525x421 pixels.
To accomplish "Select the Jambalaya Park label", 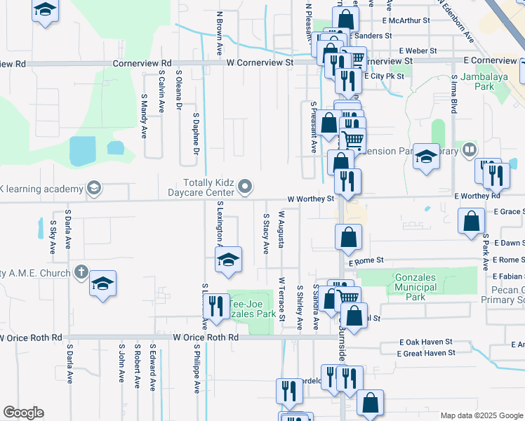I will tap(474, 82).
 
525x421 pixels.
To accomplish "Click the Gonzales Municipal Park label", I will tap(415, 287).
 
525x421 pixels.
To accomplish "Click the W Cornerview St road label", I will tap(260, 62).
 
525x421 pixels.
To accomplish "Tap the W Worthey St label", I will tap(310, 199).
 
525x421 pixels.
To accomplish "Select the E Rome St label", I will tap(366, 260).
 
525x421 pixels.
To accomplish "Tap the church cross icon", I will tap(81, 272).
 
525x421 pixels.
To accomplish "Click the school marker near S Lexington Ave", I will tap(227, 260).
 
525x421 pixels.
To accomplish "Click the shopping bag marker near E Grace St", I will tap(471, 221).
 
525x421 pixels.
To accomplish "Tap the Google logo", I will tap(22, 413).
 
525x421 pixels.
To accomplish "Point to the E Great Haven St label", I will tap(426, 352).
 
